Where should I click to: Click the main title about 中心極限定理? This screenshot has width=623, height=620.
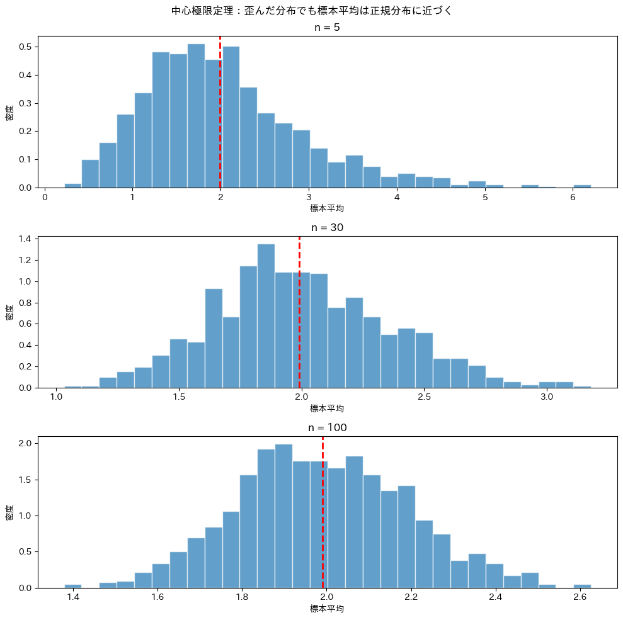(311, 11)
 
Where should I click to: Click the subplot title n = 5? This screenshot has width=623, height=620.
(327, 28)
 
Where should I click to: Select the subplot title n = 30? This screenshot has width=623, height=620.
(327, 227)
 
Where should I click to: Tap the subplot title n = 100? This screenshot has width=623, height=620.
(327, 427)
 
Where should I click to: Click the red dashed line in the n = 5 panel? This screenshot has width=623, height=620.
(220, 113)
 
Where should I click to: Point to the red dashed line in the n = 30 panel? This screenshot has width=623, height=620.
(299, 315)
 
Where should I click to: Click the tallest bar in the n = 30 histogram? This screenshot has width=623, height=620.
(266, 315)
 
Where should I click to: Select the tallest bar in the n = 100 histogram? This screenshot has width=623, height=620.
(283, 516)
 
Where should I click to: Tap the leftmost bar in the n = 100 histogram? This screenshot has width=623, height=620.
(73, 586)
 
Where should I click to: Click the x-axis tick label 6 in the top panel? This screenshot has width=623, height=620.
(573, 197)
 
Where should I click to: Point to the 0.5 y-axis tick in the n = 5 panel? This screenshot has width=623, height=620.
(26, 47)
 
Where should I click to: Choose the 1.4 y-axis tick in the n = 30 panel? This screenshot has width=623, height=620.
(26, 239)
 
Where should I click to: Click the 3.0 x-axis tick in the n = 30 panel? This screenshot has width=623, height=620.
(547, 397)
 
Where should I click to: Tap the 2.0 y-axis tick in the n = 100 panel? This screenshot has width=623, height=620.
(26, 443)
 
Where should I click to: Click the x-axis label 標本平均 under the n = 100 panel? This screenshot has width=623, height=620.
(327, 609)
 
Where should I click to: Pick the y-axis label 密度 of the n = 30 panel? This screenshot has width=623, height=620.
(9, 312)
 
